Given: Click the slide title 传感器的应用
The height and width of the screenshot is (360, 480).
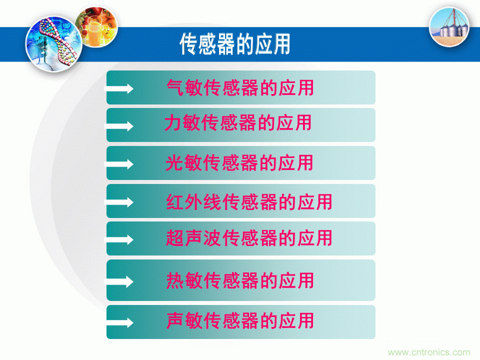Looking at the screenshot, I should (235, 44).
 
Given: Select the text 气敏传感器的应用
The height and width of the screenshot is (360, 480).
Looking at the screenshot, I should (240, 87).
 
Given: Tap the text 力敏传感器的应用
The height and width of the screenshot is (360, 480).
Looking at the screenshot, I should (238, 122).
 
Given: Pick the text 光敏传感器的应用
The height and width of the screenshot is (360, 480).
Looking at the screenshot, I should (239, 162).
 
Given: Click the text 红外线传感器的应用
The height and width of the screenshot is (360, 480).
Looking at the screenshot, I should (249, 202).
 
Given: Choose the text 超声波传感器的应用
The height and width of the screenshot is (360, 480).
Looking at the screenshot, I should (249, 237).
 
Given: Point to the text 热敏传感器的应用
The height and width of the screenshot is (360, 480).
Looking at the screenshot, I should (240, 280).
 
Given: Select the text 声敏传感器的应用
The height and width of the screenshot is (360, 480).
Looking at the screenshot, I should (240, 320).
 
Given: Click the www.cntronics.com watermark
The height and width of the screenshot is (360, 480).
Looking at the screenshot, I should (429, 352).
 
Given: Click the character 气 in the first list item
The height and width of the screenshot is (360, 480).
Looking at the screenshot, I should (175, 87).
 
